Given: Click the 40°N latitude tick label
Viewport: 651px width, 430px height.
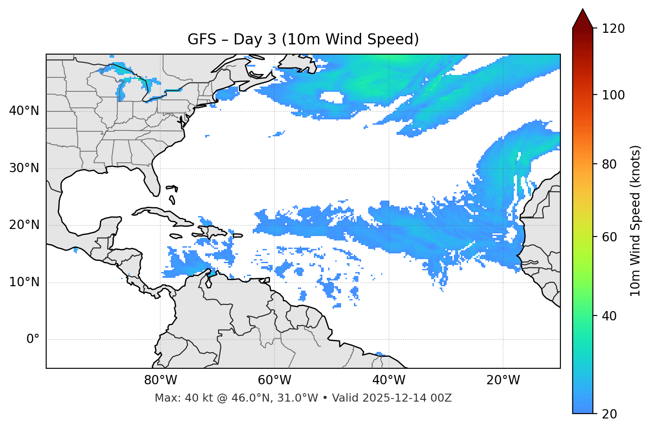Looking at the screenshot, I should (x=24, y=111).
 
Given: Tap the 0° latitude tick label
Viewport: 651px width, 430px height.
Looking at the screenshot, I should (x=32, y=339).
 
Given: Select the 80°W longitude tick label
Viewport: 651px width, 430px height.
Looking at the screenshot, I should (x=160, y=380).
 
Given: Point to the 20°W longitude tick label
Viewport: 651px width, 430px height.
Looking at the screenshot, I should (x=503, y=380).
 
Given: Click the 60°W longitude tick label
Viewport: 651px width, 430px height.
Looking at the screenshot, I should (x=274, y=380).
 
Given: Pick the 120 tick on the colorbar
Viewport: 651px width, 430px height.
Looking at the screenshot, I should (x=613, y=29).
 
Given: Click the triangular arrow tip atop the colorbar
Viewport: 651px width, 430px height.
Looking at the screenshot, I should (x=583, y=18).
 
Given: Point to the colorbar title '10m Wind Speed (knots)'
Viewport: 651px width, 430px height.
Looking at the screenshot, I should (x=635, y=221).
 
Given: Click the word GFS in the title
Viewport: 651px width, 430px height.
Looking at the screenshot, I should (x=202, y=39).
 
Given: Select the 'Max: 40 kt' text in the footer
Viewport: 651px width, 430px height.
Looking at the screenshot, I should (x=176, y=398).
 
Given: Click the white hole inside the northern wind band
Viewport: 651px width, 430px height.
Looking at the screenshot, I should (x=331, y=97).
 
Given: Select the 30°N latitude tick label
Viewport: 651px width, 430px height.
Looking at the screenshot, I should (x=24, y=168).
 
